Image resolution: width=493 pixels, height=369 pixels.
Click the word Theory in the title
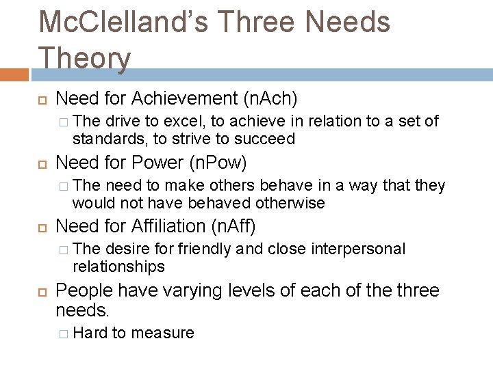[x=85, y=57]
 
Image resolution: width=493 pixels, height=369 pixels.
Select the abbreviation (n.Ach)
[x=270, y=98]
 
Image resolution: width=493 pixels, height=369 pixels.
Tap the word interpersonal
[x=358, y=249]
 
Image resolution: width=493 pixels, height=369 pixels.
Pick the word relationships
[x=118, y=266]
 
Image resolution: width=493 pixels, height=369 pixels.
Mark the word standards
[x=105, y=139]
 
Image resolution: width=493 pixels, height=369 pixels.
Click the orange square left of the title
[x=14, y=74]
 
